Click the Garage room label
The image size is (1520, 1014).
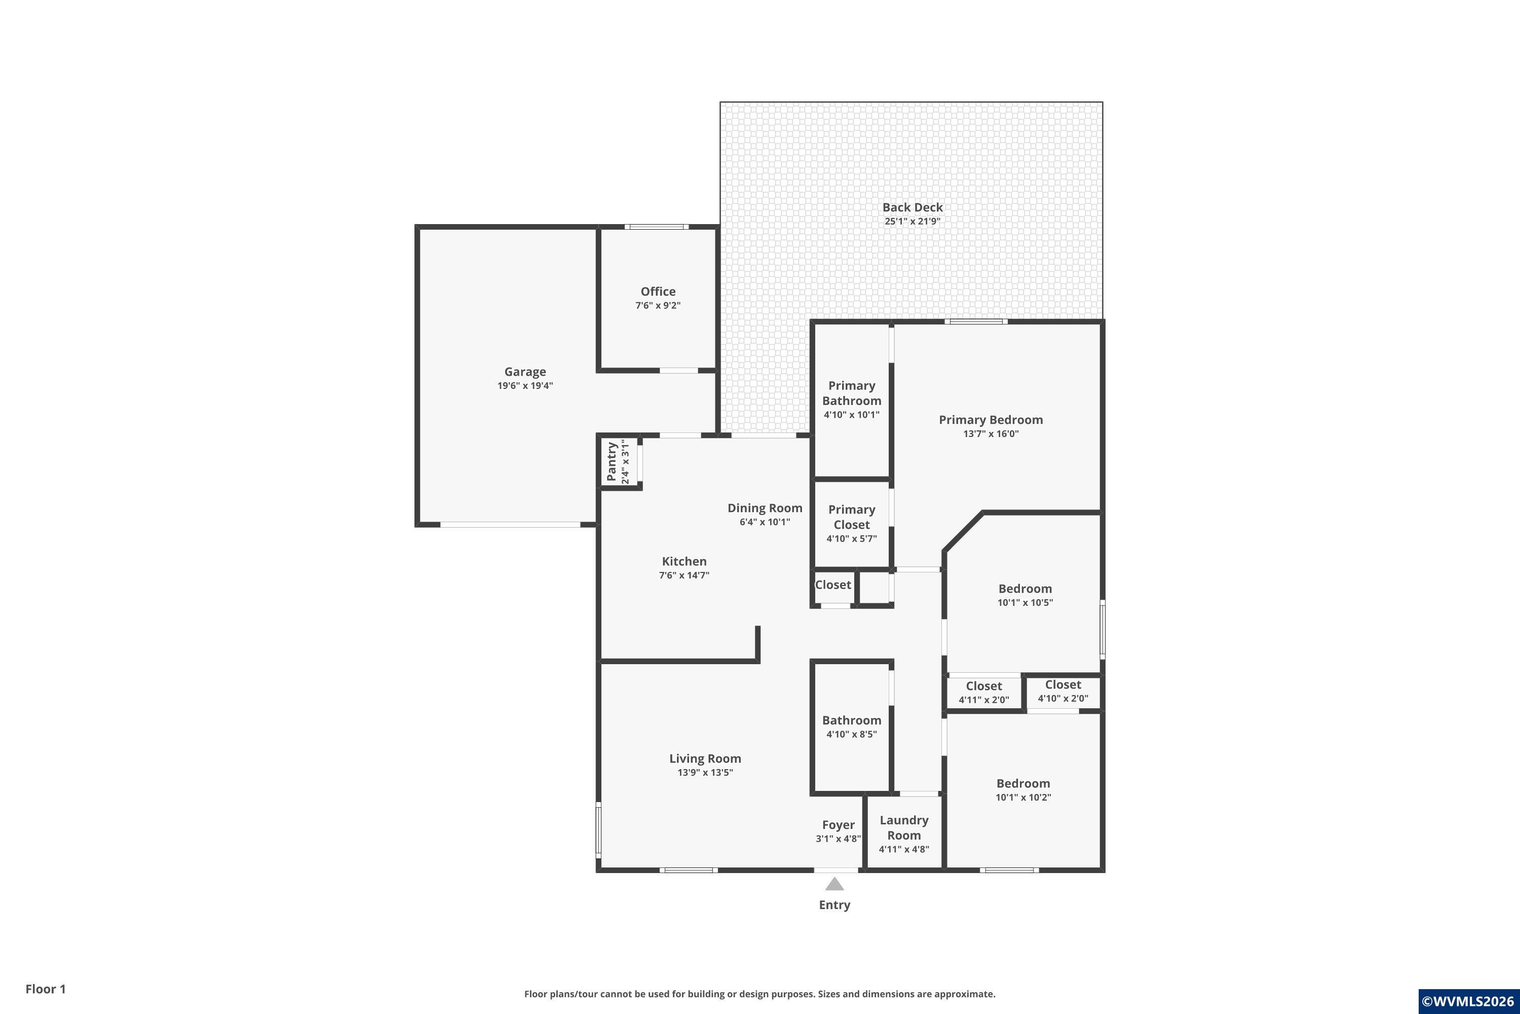525,372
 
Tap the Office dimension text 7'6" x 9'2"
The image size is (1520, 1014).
658,305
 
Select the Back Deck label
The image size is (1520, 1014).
913,207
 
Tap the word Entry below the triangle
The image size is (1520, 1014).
834,904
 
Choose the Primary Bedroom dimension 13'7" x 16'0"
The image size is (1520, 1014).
991,434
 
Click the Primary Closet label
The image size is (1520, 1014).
852,517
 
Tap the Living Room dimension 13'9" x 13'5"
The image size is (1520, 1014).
705,772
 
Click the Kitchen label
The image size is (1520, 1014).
685,561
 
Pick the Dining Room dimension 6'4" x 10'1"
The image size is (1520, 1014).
765,522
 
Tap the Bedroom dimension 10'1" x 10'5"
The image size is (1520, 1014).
1025,603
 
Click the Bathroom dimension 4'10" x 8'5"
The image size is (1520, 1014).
852,734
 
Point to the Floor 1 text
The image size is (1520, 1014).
45,989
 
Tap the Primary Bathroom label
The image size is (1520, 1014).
852,393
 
